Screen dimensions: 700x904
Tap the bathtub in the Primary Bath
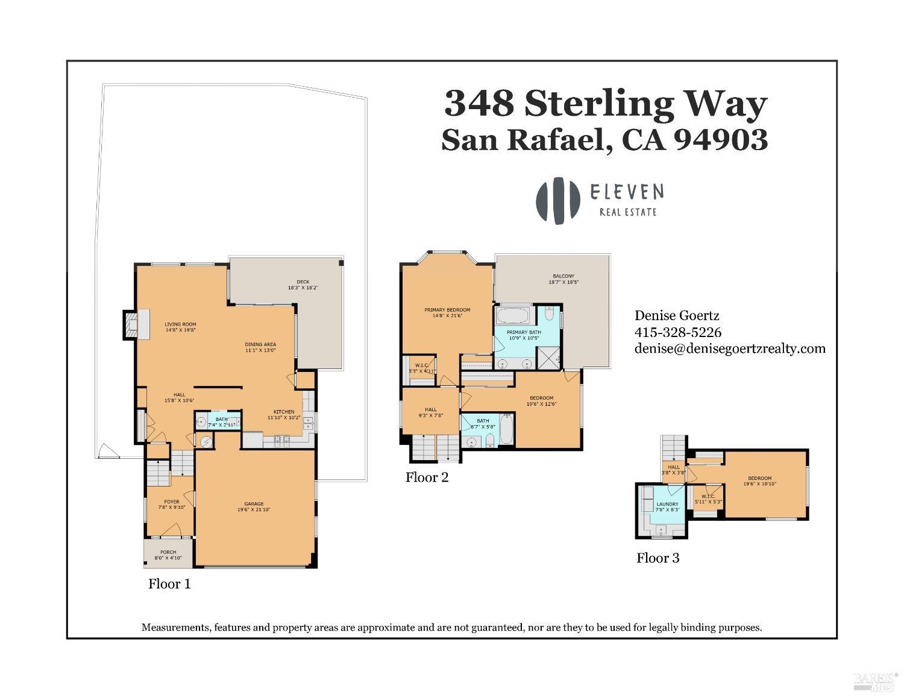(x=513, y=315)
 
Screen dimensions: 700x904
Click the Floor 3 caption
(x=658, y=558)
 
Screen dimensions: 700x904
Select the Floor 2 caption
(x=427, y=478)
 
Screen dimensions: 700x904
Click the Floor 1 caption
(x=169, y=584)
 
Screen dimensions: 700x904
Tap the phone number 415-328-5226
(x=677, y=332)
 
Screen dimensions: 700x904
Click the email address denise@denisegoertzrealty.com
(x=729, y=348)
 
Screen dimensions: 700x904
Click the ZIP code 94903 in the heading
(x=720, y=139)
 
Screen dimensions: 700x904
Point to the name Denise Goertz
(x=676, y=315)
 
